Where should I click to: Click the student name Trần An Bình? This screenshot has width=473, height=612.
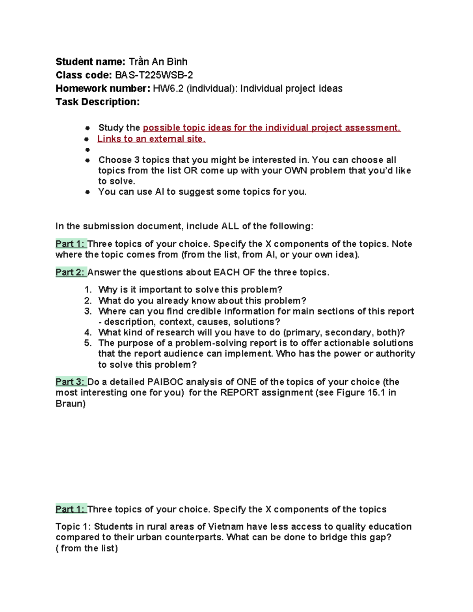coord(158,62)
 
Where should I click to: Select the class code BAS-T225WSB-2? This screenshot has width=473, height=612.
coord(154,75)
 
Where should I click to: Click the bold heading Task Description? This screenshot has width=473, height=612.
coord(97,102)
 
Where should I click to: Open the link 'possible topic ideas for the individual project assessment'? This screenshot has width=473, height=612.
coord(272,128)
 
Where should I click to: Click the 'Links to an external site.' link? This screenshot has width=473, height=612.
coord(151,139)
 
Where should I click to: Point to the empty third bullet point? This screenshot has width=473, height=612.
coord(87,150)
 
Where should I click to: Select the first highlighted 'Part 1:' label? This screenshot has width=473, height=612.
coord(71,244)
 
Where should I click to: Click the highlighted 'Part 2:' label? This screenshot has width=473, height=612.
coord(71,272)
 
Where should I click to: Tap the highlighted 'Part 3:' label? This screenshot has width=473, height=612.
coord(71,382)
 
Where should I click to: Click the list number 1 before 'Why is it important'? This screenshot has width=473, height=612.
coord(88,290)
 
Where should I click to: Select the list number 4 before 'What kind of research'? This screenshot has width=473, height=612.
coord(88,332)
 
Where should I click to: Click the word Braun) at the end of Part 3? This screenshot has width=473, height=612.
coord(71,404)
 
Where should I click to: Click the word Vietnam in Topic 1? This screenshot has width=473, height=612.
coord(226,526)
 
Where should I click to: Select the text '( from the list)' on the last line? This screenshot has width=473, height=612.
coord(87,548)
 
